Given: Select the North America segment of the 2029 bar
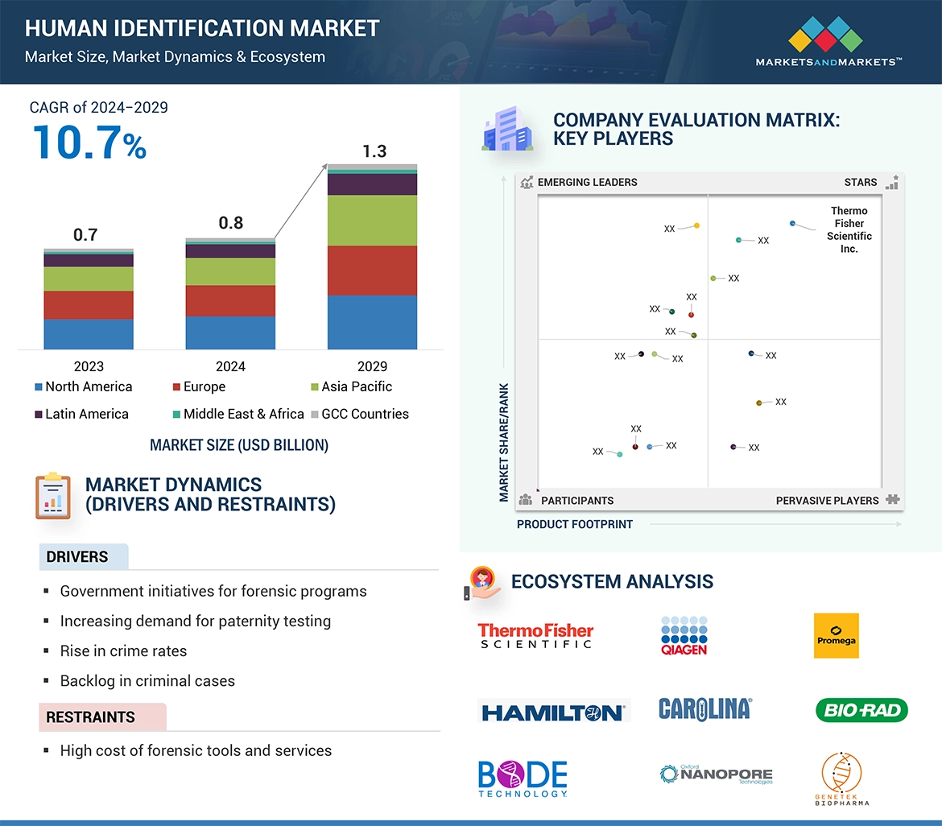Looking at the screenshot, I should (x=372, y=322).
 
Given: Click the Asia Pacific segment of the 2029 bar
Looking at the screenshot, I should (x=372, y=220).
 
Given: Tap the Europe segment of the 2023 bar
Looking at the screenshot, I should (x=89, y=305).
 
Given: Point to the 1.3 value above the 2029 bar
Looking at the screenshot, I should (x=374, y=151).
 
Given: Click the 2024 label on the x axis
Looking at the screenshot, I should (x=230, y=366).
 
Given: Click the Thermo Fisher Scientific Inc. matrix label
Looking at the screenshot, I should (x=849, y=229).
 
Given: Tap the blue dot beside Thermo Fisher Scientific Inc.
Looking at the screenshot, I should (x=792, y=223).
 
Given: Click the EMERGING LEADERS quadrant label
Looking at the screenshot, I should (x=587, y=182).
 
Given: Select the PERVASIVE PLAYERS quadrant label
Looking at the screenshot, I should (x=827, y=500).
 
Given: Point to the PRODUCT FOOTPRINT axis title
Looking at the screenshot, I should (x=575, y=524).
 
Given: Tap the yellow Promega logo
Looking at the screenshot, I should (x=836, y=635).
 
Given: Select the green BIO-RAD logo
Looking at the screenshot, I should (x=861, y=710).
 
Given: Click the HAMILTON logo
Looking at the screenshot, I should (x=552, y=712).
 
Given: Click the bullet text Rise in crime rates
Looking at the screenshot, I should (x=123, y=650).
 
